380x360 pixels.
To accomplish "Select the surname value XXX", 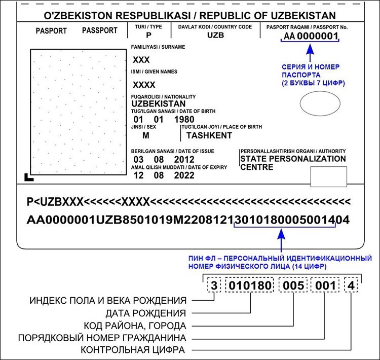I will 141,60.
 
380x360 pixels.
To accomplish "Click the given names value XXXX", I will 144,85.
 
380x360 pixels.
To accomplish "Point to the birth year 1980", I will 182,120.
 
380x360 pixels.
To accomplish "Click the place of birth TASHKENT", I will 209,135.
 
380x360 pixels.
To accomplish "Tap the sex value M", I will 145,135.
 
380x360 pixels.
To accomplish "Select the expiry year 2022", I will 184,176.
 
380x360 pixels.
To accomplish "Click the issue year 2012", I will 184,160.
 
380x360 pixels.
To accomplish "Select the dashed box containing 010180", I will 250,285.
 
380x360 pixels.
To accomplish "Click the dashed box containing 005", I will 294,285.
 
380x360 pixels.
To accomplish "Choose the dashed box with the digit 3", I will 214,285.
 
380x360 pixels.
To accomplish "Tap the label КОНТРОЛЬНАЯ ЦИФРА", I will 133,350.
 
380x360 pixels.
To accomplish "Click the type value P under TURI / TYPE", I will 148,35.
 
